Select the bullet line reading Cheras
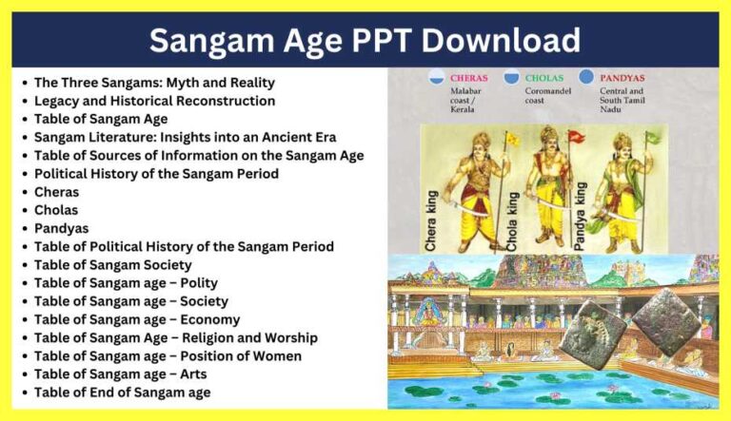point(56,192)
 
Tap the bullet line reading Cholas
point(56,210)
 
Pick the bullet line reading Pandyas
point(61,228)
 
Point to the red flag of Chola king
point(574,136)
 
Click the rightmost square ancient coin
point(665,319)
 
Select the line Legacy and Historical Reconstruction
point(154,101)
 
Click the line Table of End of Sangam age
point(122,392)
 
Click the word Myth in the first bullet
point(187,83)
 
